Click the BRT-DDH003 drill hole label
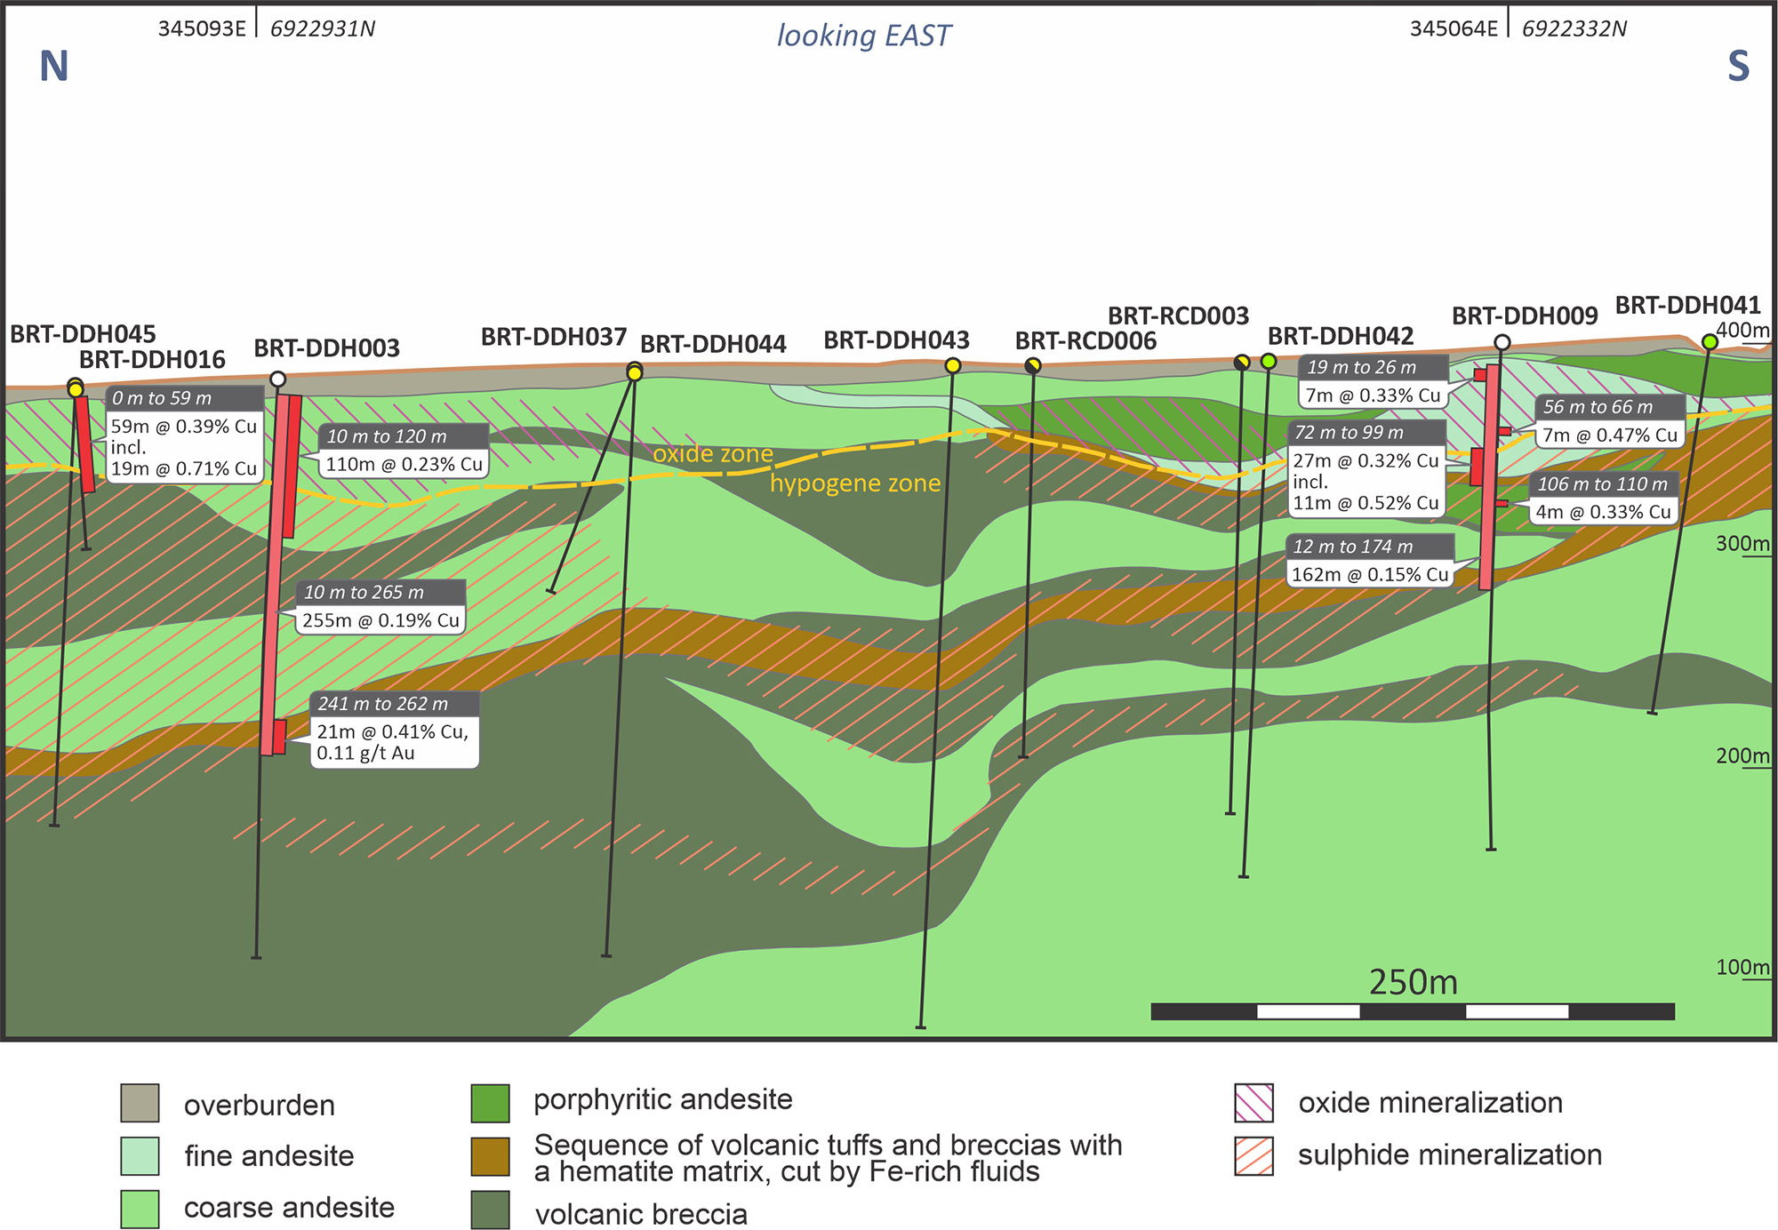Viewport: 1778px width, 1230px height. point(326,348)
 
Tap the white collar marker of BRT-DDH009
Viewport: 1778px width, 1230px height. point(1502,343)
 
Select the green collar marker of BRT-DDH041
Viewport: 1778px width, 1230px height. point(1710,342)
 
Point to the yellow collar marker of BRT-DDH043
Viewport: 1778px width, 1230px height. point(952,365)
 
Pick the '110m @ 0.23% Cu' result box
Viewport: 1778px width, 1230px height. point(404,464)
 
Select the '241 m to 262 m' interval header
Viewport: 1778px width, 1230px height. point(383,704)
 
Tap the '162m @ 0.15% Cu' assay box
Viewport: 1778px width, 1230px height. point(1370,574)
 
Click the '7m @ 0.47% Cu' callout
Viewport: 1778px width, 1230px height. point(1609,435)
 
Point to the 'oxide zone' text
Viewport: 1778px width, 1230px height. point(713,454)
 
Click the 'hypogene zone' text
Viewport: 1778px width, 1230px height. point(854,483)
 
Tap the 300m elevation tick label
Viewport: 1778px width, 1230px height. point(1741,544)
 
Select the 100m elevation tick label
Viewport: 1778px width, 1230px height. point(1741,968)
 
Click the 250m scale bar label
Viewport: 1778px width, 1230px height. point(1413,982)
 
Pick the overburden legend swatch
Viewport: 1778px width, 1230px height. point(140,1103)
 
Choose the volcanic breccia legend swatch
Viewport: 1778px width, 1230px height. point(490,1210)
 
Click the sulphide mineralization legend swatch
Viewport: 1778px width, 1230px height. point(1253,1156)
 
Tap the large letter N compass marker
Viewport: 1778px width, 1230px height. point(54,67)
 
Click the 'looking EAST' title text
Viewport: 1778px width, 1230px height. point(863,36)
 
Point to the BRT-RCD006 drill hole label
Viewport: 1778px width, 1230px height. point(1085,341)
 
